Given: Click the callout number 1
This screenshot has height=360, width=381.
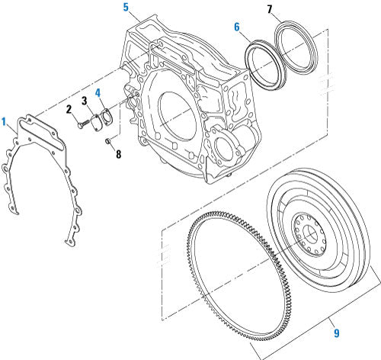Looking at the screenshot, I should tap(5, 121).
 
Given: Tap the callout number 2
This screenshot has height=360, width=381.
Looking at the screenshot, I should tap(69, 109).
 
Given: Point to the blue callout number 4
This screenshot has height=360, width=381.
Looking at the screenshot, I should tap(98, 94).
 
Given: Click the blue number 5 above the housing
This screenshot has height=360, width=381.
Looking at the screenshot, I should tap(126, 8).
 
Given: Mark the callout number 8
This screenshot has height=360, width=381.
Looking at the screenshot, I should tap(117, 153).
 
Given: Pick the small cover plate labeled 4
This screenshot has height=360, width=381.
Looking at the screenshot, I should tap(106, 117).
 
